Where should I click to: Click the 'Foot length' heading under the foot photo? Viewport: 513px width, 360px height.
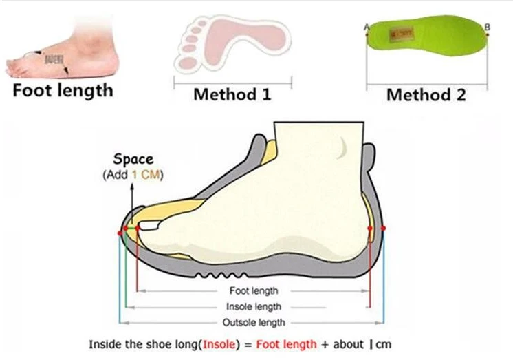[x=63, y=90]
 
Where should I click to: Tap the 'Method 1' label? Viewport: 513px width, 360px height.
[x=232, y=94]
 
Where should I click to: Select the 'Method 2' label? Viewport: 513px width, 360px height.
[x=426, y=94]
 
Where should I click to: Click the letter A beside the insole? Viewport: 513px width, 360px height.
[x=365, y=27]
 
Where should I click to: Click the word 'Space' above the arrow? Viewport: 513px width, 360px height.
[x=133, y=160]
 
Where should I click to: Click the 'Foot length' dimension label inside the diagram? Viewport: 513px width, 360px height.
[x=254, y=291]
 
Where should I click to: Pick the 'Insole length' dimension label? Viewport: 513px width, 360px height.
[x=254, y=307]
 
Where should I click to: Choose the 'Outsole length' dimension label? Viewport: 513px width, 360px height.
[x=254, y=322]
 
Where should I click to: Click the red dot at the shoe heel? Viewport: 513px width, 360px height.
[x=384, y=228]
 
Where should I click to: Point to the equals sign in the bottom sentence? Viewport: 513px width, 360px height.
[x=252, y=344]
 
